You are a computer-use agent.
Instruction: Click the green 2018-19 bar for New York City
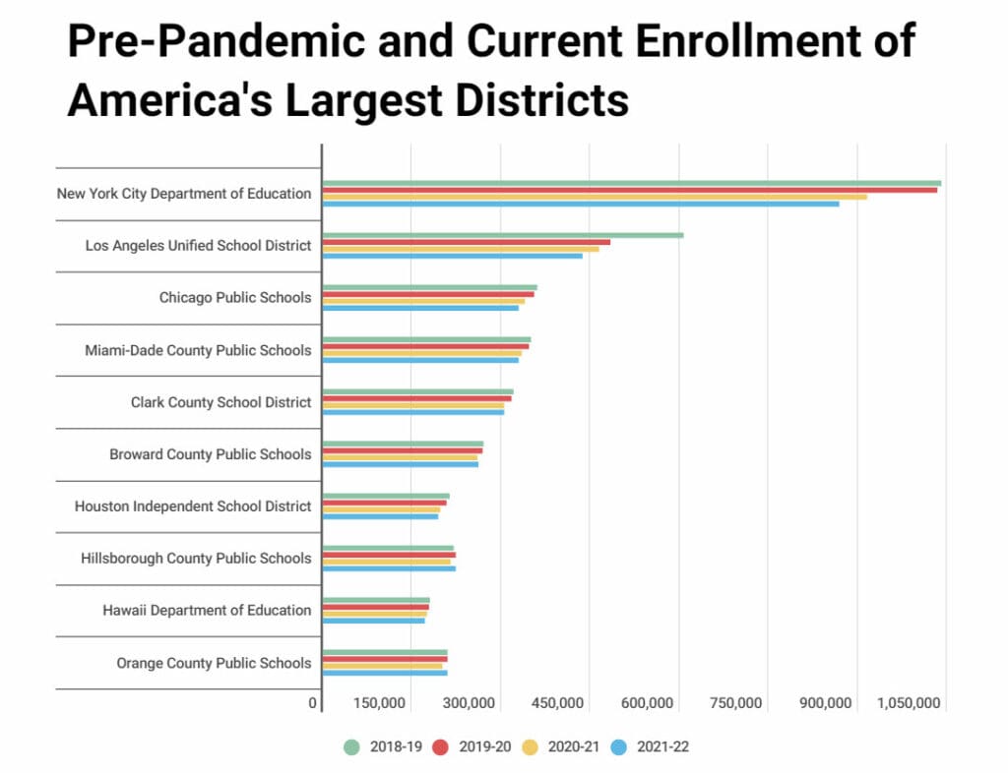click(x=631, y=183)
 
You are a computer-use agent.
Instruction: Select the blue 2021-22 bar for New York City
click(x=581, y=204)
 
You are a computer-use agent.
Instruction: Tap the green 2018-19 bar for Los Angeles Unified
click(x=503, y=235)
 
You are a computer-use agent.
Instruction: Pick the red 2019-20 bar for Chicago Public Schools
click(x=428, y=294)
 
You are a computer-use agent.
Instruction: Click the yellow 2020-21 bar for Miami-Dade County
click(x=422, y=353)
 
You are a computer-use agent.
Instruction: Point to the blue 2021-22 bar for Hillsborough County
click(x=389, y=568)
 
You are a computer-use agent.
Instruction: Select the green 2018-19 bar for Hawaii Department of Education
click(x=376, y=600)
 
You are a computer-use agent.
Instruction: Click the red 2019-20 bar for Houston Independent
click(x=384, y=503)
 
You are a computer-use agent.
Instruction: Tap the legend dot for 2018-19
click(x=351, y=746)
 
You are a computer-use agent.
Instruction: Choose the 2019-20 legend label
click(x=483, y=746)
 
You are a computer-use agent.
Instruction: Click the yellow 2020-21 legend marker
click(x=530, y=746)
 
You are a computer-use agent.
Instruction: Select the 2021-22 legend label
click(x=661, y=746)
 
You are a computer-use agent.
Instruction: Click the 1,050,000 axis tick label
click(x=909, y=703)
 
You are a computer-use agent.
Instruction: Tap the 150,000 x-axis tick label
click(x=379, y=703)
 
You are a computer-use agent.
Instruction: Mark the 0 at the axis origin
click(x=313, y=703)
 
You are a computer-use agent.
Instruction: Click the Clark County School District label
click(x=220, y=402)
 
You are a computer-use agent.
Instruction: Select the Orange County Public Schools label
click(x=214, y=663)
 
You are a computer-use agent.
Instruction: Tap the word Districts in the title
click(x=525, y=99)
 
